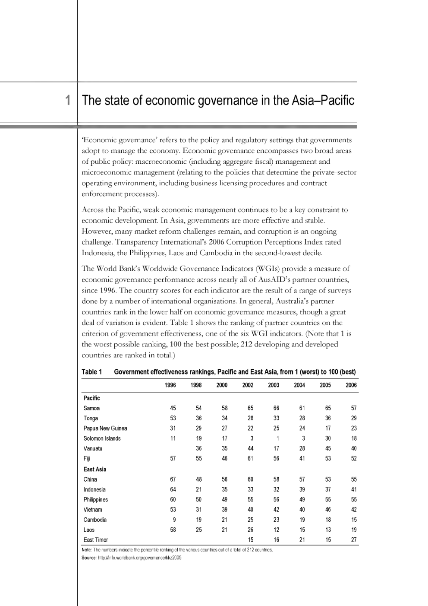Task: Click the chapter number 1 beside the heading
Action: [67, 101]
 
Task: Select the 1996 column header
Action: [170, 385]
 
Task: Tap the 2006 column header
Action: [351, 385]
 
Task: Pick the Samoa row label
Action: [91, 408]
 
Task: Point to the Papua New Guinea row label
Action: [105, 428]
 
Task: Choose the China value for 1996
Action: [173, 479]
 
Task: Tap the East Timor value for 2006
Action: [354, 540]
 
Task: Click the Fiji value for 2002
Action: [250, 459]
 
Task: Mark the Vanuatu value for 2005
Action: [328, 448]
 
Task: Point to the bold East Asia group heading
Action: [95, 470]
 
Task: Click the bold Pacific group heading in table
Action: [91, 398]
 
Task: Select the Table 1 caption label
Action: [92, 372]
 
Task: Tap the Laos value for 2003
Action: [276, 530]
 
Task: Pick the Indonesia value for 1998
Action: [198, 490]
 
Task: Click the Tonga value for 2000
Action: [224, 418]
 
